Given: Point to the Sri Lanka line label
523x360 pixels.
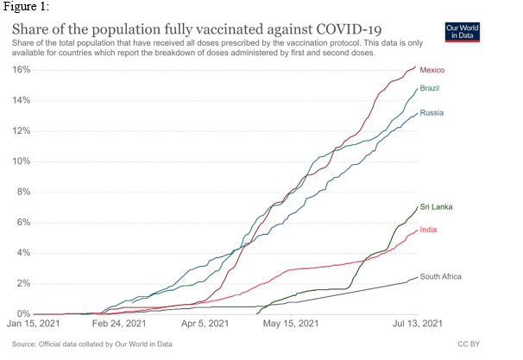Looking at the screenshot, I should point(437,207).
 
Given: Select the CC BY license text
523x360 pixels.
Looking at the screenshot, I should point(467,344).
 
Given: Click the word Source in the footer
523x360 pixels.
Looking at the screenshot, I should point(26,344).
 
